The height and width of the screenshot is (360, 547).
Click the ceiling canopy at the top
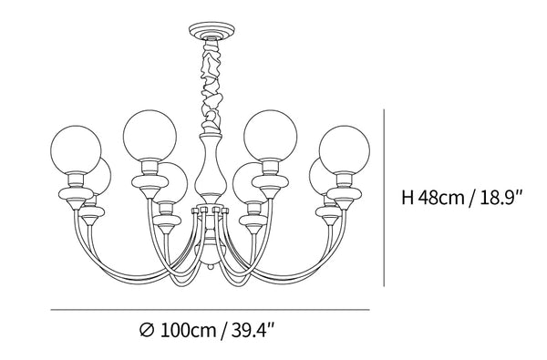(x=212, y=30)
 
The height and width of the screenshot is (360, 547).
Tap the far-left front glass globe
(x=76, y=149)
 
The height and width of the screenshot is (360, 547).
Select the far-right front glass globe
(x=345, y=149)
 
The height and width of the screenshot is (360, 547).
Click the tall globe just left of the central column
(x=150, y=136)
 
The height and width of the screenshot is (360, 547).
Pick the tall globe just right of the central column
(x=271, y=136)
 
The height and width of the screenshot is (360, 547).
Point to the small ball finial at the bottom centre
(x=211, y=267)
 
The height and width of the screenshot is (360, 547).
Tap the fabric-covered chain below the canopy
(x=212, y=86)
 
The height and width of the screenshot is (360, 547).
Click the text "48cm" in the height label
(x=441, y=198)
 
